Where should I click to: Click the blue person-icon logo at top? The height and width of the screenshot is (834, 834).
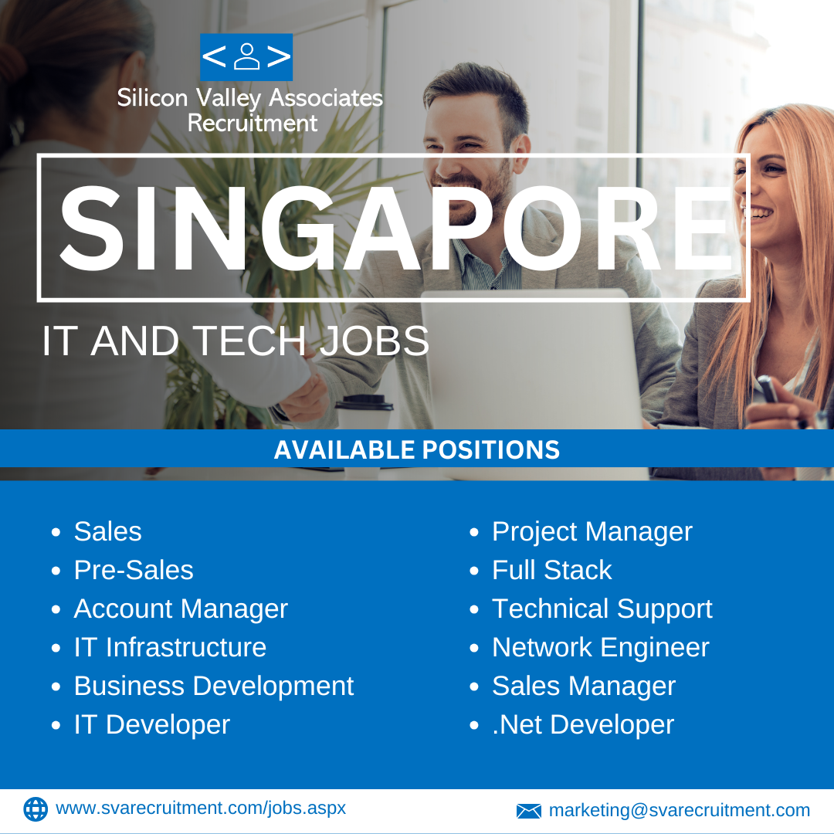coord(246,57)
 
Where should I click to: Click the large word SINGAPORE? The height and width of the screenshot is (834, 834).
coord(397,229)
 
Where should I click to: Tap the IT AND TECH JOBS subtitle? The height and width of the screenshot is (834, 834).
coord(236,341)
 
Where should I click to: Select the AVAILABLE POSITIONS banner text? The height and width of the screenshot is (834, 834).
coord(417,450)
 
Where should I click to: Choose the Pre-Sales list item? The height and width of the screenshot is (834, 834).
coord(134,570)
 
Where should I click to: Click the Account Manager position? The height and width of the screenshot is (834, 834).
coord(181,609)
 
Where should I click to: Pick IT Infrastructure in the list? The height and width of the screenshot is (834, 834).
coord(170,647)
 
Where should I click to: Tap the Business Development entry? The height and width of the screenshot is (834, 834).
coord(214,687)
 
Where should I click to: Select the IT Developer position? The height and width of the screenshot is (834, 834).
coord(152,725)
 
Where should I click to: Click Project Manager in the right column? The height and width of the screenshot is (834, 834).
coord(592,532)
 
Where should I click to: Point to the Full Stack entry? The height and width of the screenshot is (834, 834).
coord(552,570)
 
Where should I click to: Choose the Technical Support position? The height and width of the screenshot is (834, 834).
coord(602,609)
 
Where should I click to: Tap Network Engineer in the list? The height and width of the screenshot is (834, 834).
coord(601,648)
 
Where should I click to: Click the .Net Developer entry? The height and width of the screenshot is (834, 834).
coord(583,725)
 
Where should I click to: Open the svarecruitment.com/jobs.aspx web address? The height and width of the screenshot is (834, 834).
coord(201,809)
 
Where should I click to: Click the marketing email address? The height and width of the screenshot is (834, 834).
coord(680,810)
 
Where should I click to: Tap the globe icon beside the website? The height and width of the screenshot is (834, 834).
coord(36,809)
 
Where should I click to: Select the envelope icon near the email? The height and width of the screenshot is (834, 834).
coord(529,811)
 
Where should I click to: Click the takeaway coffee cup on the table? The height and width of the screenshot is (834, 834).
coord(364,412)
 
